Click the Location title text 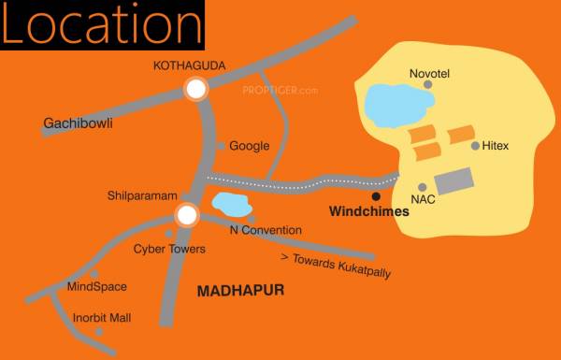pyautogui.click(x=102, y=25)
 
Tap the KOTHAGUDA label pyautogui.click(x=195, y=65)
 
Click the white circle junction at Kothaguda pyautogui.click(x=195, y=90)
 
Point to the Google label pyautogui.click(x=250, y=146)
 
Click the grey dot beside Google pyautogui.click(x=221, y=146)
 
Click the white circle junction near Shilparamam pyautogui.click(x=187, y=216)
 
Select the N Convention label pyautogui.click(x=266, y=230)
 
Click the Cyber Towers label pyautogui.click(x=169, y=250)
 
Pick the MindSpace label pyautogui.click(x=96, y=287)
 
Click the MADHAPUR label pyautogui.click(x=240, y=292)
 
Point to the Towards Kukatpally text pyautogui.click(x=336, y=266)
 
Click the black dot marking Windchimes pyautogui.click(x=376, y=196)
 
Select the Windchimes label pyautogui.click(x=370, y=212)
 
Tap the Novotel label pyautogui.click(x=430, y=72)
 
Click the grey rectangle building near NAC pyautogui.click(x=454, y=180)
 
